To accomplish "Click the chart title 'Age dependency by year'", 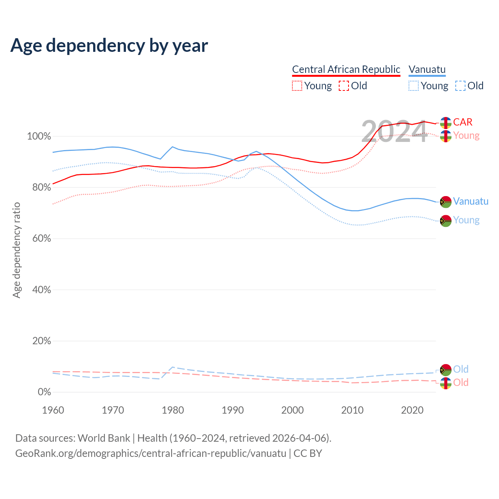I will click(109, 45).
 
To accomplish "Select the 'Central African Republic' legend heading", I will click(346, 69).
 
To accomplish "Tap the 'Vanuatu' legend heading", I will click(427, 69).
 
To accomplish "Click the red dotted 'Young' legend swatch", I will click(297, 86).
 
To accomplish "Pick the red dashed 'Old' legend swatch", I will click(343, 86).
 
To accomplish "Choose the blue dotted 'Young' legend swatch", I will click(414, 86).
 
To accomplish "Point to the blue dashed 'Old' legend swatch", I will click(460, 86).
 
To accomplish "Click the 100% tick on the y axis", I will click(39, 136).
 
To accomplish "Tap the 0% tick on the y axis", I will click(44, 392).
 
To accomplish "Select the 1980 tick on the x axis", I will click(173, 410).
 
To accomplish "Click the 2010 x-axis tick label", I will click(352, 410).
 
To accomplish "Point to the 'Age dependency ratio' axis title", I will click(16, 250).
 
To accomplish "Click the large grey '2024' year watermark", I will click(394, 132).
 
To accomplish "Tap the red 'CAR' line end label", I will click(463, 122).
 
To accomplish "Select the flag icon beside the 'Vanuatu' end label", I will click(446, 202).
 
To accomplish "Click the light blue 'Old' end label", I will click(461, 369).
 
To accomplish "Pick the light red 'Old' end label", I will click(461, 382).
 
